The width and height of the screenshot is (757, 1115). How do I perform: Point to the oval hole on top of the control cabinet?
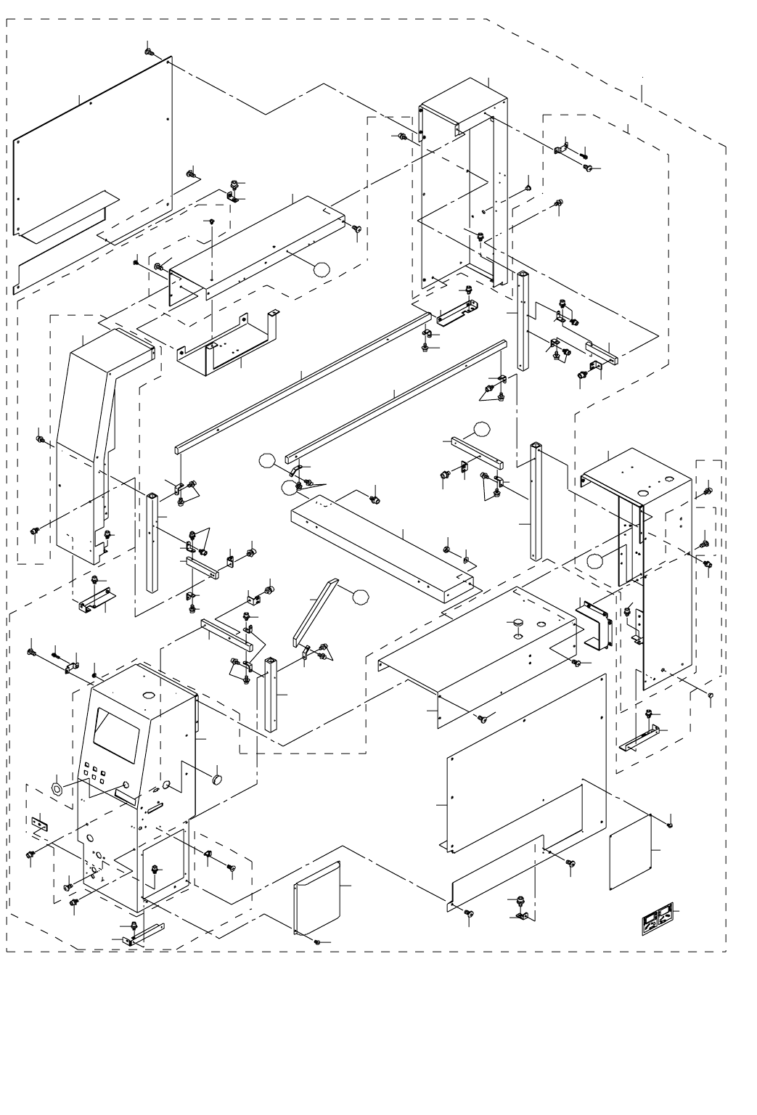coord(149,695)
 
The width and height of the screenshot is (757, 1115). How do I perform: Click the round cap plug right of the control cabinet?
coord(216,778)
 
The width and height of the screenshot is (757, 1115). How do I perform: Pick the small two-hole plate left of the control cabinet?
coord(38,825)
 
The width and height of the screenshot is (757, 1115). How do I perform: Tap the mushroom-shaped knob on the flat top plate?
coord(518,622)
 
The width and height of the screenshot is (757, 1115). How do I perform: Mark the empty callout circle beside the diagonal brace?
coord(359,597)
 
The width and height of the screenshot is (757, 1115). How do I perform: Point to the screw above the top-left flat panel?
coord(148,52)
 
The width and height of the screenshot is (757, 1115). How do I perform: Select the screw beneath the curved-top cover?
coord(317,942)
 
